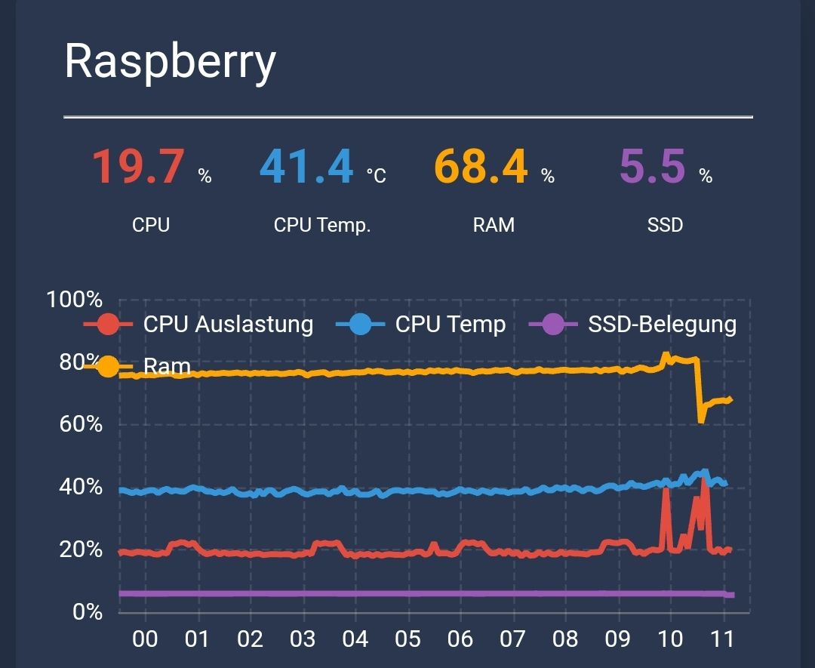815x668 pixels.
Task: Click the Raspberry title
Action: [170, 62]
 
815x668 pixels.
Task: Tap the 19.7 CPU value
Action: [138, 167]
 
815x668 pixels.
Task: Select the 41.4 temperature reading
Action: [306, 167]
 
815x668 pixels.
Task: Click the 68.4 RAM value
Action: [480, 167]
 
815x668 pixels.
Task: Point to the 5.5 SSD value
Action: [652, 167]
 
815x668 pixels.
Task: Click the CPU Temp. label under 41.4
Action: [322, 225]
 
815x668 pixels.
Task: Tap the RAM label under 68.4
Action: [494, 225]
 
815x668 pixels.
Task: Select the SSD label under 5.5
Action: [665, 225]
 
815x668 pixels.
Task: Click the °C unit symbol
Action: [376, 176]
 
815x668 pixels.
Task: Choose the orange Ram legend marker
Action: [108, 367]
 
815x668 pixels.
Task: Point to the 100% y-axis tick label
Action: [74, 300]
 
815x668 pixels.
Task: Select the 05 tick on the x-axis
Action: [407, 640]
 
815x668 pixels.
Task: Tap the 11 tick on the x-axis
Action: [723, 640]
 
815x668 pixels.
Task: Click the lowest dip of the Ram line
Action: [701, 420]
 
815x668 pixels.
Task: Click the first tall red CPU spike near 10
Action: [666, 491]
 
